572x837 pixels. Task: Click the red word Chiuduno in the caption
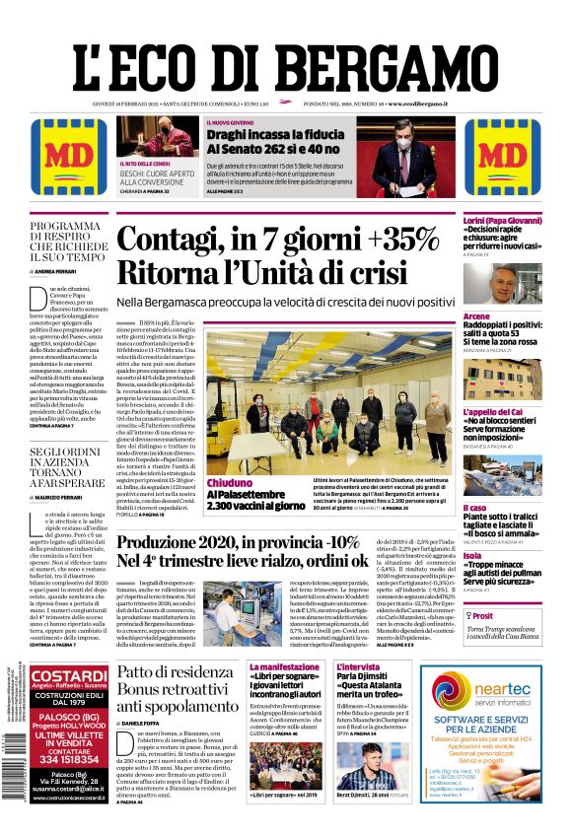click(230, 483)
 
